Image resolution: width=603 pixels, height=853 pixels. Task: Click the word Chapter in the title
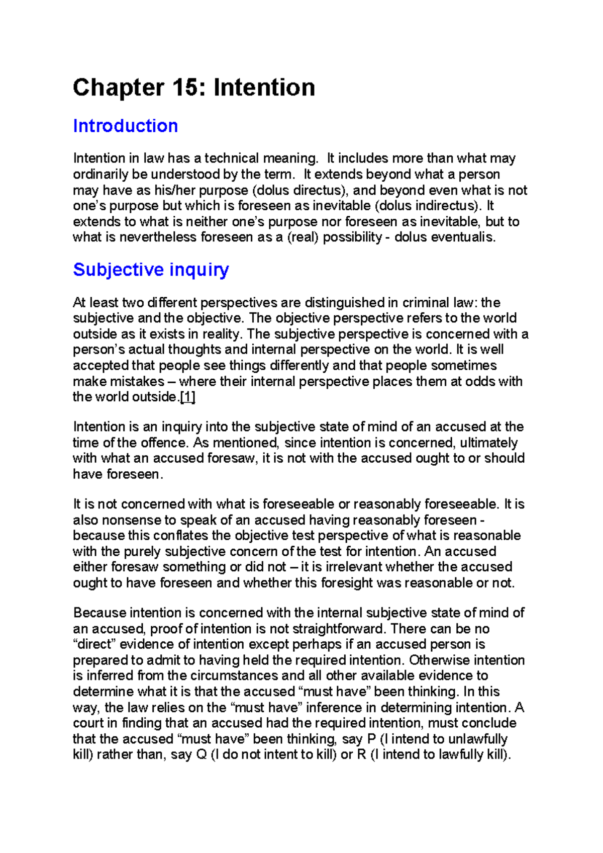tap(118, 88)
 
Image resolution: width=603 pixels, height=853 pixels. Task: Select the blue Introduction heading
tap(126, 126)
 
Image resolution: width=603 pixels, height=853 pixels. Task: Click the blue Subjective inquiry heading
tap(151, 270)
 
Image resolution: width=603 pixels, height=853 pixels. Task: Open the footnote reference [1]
tap(187, 397)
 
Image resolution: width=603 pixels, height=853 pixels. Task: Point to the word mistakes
tap(137, 382)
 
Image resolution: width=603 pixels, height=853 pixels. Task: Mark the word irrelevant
tap(351, 567)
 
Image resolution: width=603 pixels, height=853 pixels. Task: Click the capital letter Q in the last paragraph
tap(202, 755)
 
